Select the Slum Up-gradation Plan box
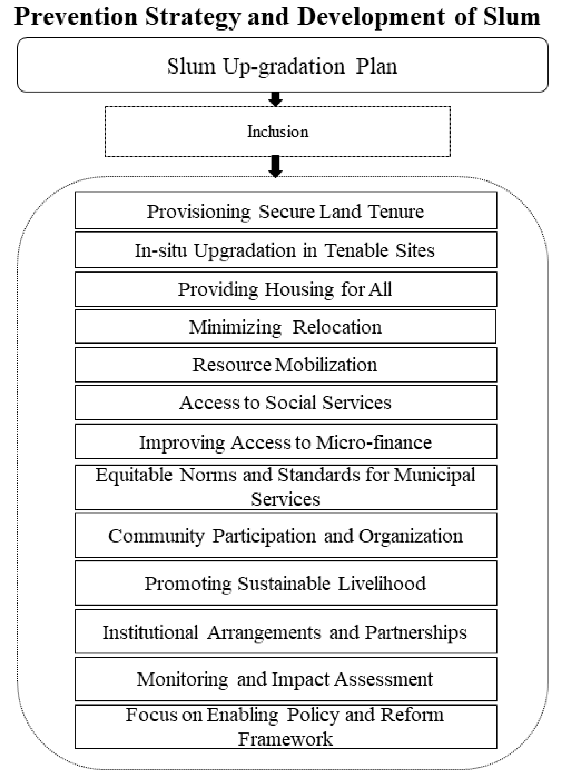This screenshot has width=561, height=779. [x=282, y=65]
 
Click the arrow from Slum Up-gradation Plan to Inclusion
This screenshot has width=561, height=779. [x=275, y=99]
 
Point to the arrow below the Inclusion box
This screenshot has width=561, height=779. [x=275, y=166]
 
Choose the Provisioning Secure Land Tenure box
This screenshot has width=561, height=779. [x=286, y=211]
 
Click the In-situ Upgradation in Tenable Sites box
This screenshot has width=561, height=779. [x=286, y=250]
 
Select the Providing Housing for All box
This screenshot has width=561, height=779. [x=286, y=289]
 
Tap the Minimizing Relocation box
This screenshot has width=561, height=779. [x=285, y=326]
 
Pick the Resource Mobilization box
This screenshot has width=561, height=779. [x=286, y=364]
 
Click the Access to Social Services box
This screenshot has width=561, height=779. [x=286, y=402]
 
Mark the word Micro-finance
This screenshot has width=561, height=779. [x=374, y=442]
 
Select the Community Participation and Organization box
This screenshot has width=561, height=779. [x=286, y=535]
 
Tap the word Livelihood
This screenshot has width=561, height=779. [x=382, y=583]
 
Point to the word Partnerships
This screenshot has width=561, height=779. [x=416, y=632]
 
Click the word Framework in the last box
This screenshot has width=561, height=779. [x=286, y=739]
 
